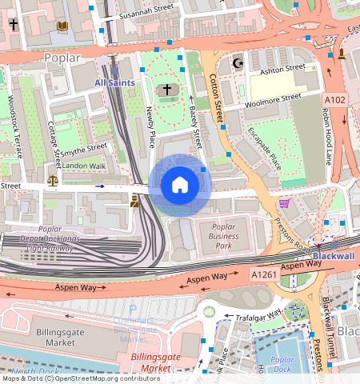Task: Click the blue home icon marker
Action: tap(180, 186)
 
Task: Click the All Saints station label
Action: tap(115, 82)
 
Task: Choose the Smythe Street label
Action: tap(84, 148)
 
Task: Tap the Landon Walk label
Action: tap(84, 166)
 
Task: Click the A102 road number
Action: tap(334, 99)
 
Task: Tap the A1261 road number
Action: tap(264, 274)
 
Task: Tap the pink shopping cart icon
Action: tap(283, 204)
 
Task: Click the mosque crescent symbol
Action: tap(235, 62)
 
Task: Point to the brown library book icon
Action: tap(62, 26)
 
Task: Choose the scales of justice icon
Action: tap(53, 181)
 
